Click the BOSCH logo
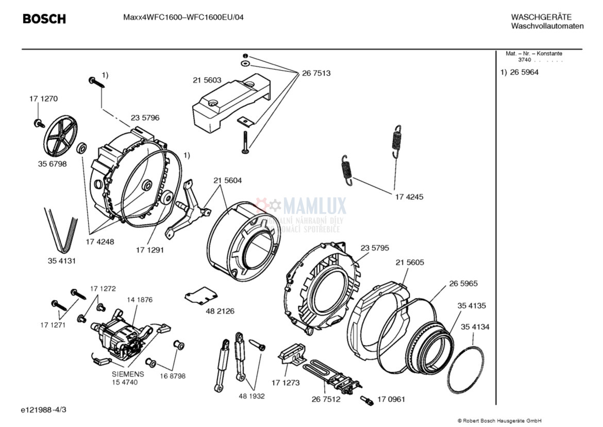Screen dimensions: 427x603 [x=44, y=19]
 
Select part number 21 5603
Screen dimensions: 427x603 [x=207, y=80]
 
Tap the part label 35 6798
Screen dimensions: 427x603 [x=52, y=163]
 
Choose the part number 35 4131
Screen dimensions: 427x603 [x=62, y=261]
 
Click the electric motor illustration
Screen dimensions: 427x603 [x=120, y=338]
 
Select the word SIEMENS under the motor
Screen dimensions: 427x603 [x=128, y=374]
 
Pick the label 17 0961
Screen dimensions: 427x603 [x=391, y=399]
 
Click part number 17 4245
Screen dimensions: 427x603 [x=409, y=196]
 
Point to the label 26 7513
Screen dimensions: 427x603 [x=316, y=73]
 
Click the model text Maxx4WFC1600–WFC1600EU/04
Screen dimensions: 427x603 [x=183, y=17]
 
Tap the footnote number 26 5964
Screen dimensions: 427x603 [x=524, y=72]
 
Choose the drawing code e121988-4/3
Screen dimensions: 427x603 [x=44, y=409]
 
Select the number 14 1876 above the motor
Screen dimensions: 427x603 [x=140, y=299]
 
